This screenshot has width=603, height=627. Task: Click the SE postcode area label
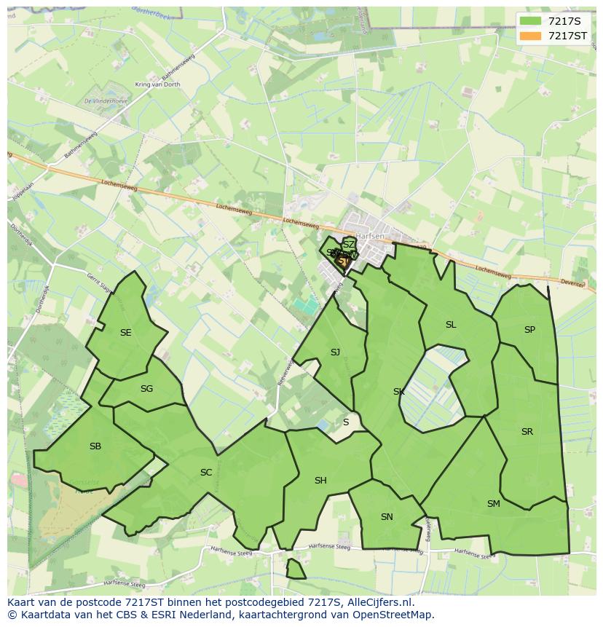(x=126, y=333)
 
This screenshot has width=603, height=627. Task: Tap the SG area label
(x=146, y=389)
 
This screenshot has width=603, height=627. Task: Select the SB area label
(x=95, y=446)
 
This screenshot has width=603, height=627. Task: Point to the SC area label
(x=206, y=473)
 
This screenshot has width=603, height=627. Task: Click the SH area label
(x=320, y=481)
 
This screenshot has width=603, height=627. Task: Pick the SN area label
(x=387, y=517)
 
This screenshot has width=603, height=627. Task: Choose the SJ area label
(x=335, y=352)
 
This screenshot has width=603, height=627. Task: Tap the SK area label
(x=398, y=392)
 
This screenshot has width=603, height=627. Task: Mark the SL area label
(x=451, y=325)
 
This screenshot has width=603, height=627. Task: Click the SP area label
(x=529, y=330)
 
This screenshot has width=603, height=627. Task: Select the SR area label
(x=527, y=432)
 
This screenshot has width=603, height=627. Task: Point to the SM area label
(x=494, y=504)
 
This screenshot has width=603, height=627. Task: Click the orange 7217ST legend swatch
(x=531, y=36)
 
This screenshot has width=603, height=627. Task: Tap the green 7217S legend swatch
(x=531, y=20)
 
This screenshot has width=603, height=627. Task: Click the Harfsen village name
(x=371, y=235)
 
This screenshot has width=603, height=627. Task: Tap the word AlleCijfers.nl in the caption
(x=380, y=602)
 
